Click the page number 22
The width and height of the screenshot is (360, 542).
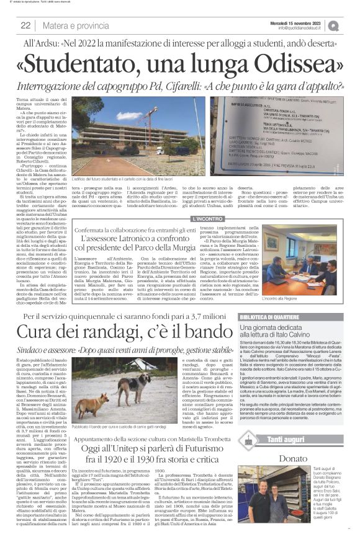click(26, 25)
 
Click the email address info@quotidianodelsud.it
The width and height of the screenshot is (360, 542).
click(307, 28)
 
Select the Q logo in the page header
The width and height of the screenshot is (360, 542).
click(351, 25)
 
